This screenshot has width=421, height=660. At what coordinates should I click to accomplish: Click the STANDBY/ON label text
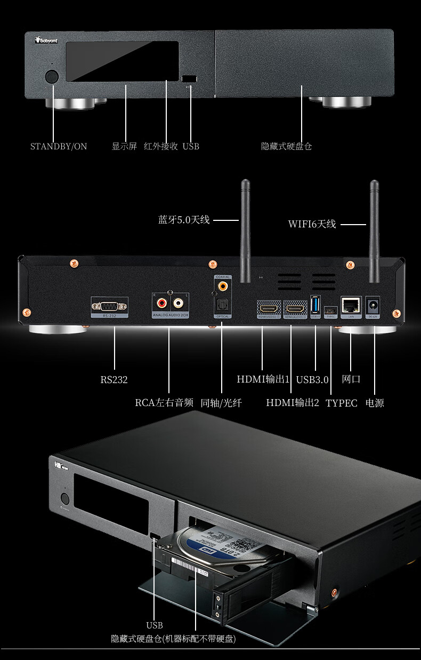pos(59,146)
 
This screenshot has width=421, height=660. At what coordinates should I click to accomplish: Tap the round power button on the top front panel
pos(52,76)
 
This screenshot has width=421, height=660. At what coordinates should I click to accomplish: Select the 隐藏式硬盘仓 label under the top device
pos(286,146)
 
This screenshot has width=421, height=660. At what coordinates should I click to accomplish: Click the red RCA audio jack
pos(160,305)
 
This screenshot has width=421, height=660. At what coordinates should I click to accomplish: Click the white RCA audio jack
pos(179,305)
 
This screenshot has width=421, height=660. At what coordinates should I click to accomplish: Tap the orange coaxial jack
pos(221,287)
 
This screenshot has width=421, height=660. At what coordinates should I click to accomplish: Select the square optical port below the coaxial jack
pos(221,306)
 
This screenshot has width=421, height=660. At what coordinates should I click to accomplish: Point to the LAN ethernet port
pos(351,305)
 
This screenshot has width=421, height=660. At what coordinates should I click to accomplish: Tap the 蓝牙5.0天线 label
pos(184,219)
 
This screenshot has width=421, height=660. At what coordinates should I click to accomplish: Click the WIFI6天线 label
pos(312,224)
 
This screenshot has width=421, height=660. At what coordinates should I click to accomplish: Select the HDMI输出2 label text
pos(293,403)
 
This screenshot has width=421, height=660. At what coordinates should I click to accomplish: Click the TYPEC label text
pos(342,403)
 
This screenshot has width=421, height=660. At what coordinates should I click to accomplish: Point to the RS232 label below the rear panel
pos(114,380)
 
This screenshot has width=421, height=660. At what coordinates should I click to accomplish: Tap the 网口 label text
pos(351,379)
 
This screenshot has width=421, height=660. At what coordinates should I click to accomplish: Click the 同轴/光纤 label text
pos(221,403)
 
